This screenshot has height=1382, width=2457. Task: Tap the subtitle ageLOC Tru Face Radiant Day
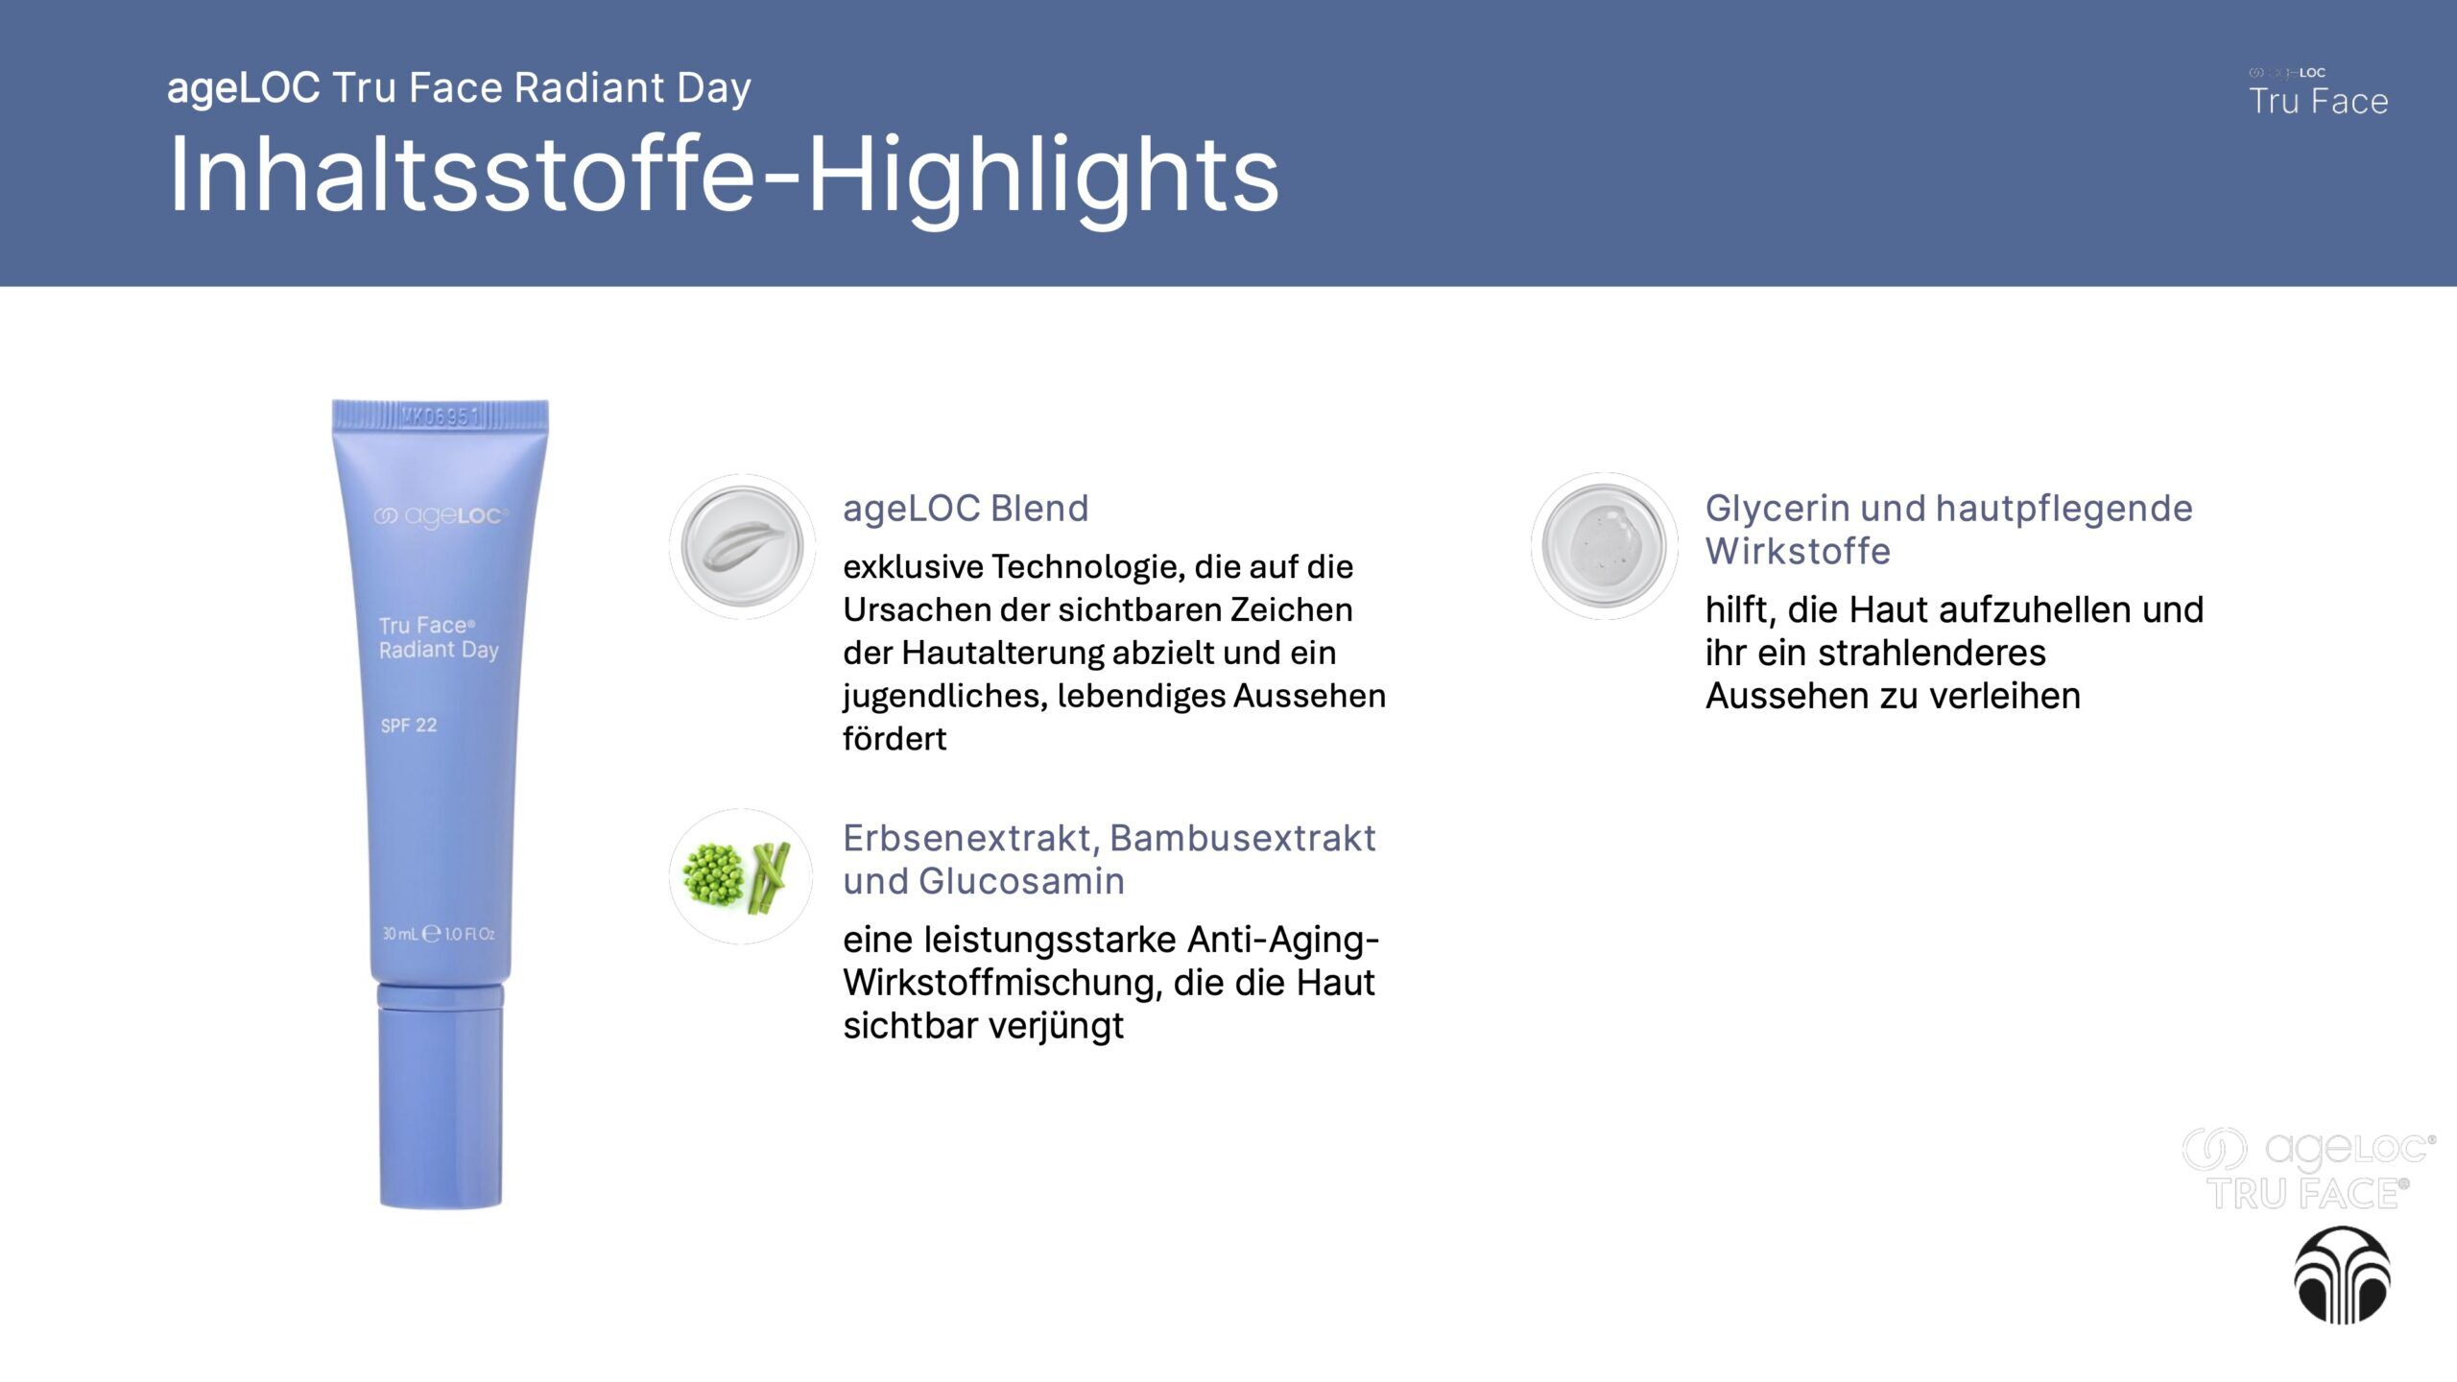point(459,88)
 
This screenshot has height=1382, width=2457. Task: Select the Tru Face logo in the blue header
point(2318,93)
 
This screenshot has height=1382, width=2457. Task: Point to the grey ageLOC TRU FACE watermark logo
point(2308,1169)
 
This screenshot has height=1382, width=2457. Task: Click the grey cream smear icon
point(742,546)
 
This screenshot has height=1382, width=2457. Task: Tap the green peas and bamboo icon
point(741,876)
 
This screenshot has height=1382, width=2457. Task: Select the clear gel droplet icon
point(1604,545)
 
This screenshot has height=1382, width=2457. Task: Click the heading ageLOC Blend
point(966,508)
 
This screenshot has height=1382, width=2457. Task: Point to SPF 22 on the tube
point(409,726)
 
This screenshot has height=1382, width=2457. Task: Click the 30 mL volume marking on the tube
point(400,934)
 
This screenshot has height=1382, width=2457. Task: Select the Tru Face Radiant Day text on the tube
point(439,638)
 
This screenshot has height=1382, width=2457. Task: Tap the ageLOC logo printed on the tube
point(441,516)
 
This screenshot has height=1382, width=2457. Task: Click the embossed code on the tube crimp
point(440,417)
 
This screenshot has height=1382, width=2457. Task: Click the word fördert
point(895,739)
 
